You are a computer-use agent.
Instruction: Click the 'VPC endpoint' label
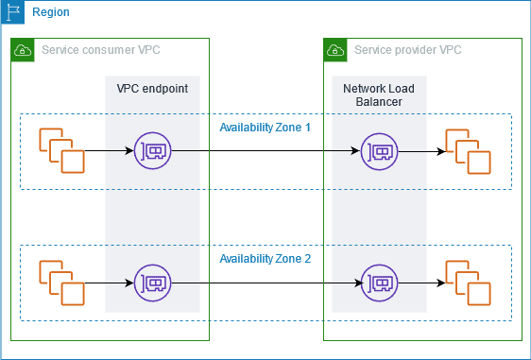tap(151, 88)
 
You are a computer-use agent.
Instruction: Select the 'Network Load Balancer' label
tap(378, 94)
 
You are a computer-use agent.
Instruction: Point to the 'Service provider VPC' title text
tap(407, 49)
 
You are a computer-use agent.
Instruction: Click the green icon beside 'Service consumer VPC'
tap(23, 50)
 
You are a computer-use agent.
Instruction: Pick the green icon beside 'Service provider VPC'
tap(335, 50)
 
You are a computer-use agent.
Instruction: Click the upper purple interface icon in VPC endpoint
tap(152, 150)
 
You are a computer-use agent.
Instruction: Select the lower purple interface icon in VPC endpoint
tap(152, 283)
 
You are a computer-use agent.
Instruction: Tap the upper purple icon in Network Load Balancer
tap(379, 150)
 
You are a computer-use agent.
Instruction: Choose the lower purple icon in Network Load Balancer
tap(379, 283)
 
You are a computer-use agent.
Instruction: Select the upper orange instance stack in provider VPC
tap(468, 150)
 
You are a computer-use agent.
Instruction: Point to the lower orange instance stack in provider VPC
tap(468, 283)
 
